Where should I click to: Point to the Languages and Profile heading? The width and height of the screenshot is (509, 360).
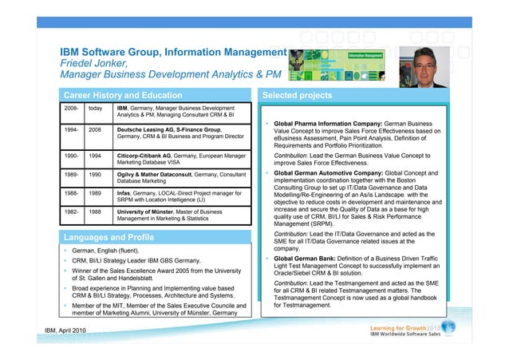tap(109, 237)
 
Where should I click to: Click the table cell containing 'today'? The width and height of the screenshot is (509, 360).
tap(95, 107)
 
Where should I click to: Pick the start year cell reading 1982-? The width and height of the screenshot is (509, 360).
tap(70, 212)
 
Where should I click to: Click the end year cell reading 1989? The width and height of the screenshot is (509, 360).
tap(95, 193)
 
